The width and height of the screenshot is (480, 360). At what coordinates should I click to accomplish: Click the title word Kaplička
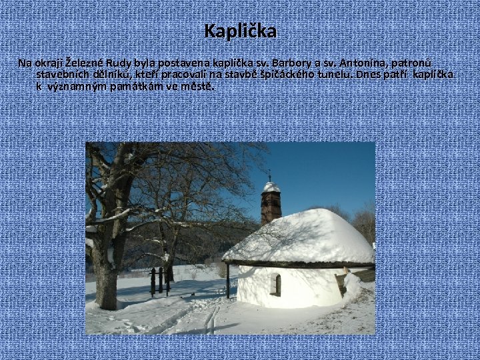pos(240,31)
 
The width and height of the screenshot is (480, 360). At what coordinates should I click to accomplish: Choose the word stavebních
pos(63,75)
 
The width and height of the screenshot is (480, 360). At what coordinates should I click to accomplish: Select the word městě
pos(201,87)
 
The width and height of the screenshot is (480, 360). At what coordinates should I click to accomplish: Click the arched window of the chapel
pos(276,285)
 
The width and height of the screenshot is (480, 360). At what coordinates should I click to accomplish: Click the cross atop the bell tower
pos(270,175)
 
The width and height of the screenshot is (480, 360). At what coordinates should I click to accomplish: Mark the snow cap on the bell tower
pos(271,187)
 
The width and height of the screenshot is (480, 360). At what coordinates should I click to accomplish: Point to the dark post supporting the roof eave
pos(228,280)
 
